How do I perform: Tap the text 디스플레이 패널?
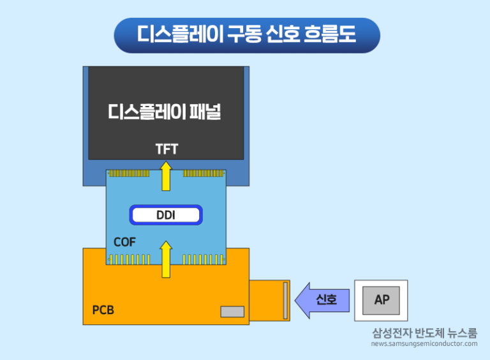(165, 113)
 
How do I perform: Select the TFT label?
(167, 149)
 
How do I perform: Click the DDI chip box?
(166, 215)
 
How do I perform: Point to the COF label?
(124, 242)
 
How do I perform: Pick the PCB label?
(103, 310)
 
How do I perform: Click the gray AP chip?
(382, 300)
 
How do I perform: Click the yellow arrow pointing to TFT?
(166, 176)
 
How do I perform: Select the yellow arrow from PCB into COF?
(166, 259)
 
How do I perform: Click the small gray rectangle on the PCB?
(232, 311)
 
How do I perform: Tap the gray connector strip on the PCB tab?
(285, 300)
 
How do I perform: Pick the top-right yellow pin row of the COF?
(204, 173)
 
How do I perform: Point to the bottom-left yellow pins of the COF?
(130, 259)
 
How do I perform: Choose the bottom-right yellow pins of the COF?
(204, 259)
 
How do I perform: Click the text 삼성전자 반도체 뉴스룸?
(424, 333)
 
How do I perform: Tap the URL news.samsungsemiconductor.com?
(424, 344)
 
